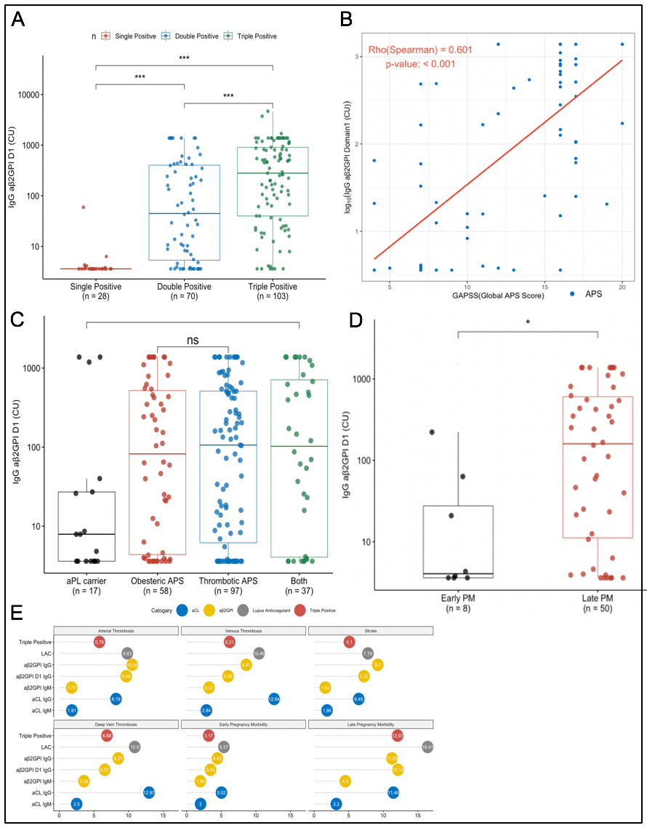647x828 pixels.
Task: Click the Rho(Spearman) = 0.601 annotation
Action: point(431,49)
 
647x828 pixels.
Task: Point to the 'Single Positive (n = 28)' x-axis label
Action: point(96,291)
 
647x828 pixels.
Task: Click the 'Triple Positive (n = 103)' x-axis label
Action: point(273,291)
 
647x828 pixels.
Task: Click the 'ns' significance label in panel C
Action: point(193,340)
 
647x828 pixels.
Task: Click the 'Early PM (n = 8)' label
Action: point(457,603)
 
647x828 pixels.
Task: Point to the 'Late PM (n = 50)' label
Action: point(596,603)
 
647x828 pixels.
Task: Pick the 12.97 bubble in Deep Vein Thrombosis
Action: point(148,792)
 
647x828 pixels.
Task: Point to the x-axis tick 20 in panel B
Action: point(622,287)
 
